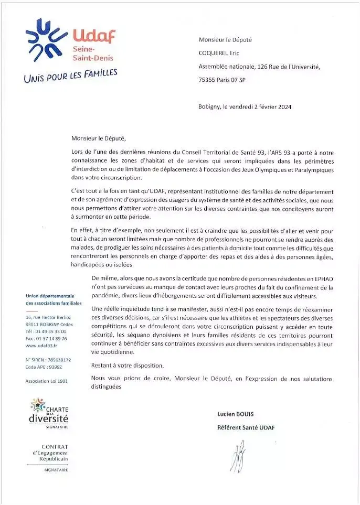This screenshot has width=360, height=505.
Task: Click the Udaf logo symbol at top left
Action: pos(47,40)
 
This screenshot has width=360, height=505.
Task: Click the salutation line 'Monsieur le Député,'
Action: pos(99,138)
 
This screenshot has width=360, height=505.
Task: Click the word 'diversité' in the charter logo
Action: pos(48,418)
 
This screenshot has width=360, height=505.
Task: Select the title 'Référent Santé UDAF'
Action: pos(246,427)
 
